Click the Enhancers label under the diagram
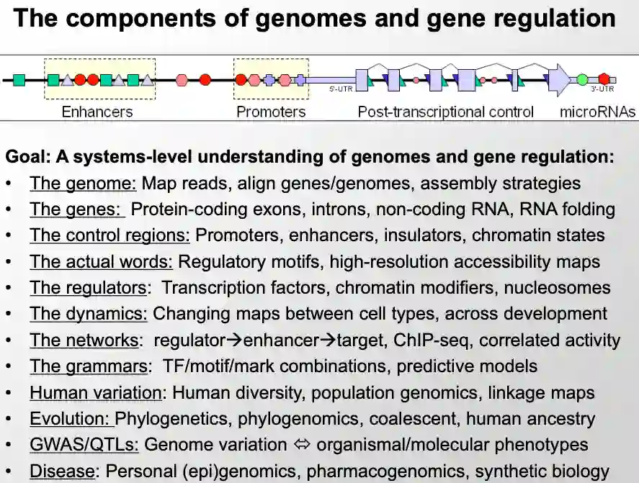[x=97, y=112]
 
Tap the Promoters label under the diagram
[x=271, y=112]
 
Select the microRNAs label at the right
[x=598, y=112]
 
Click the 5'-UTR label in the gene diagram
[x=341, y=89]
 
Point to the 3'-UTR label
[x=602, y=89]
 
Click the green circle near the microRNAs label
[x=582, y=79]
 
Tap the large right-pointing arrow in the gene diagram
[x=559, y=79]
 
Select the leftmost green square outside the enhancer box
[x=19, y=79]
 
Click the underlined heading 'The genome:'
[x=83, y=184]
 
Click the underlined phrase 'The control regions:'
[x=110, y=235]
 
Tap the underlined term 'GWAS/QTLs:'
[x=84, y=446]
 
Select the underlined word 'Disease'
[x=62, y=472]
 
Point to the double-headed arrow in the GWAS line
[x=302, y=446]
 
